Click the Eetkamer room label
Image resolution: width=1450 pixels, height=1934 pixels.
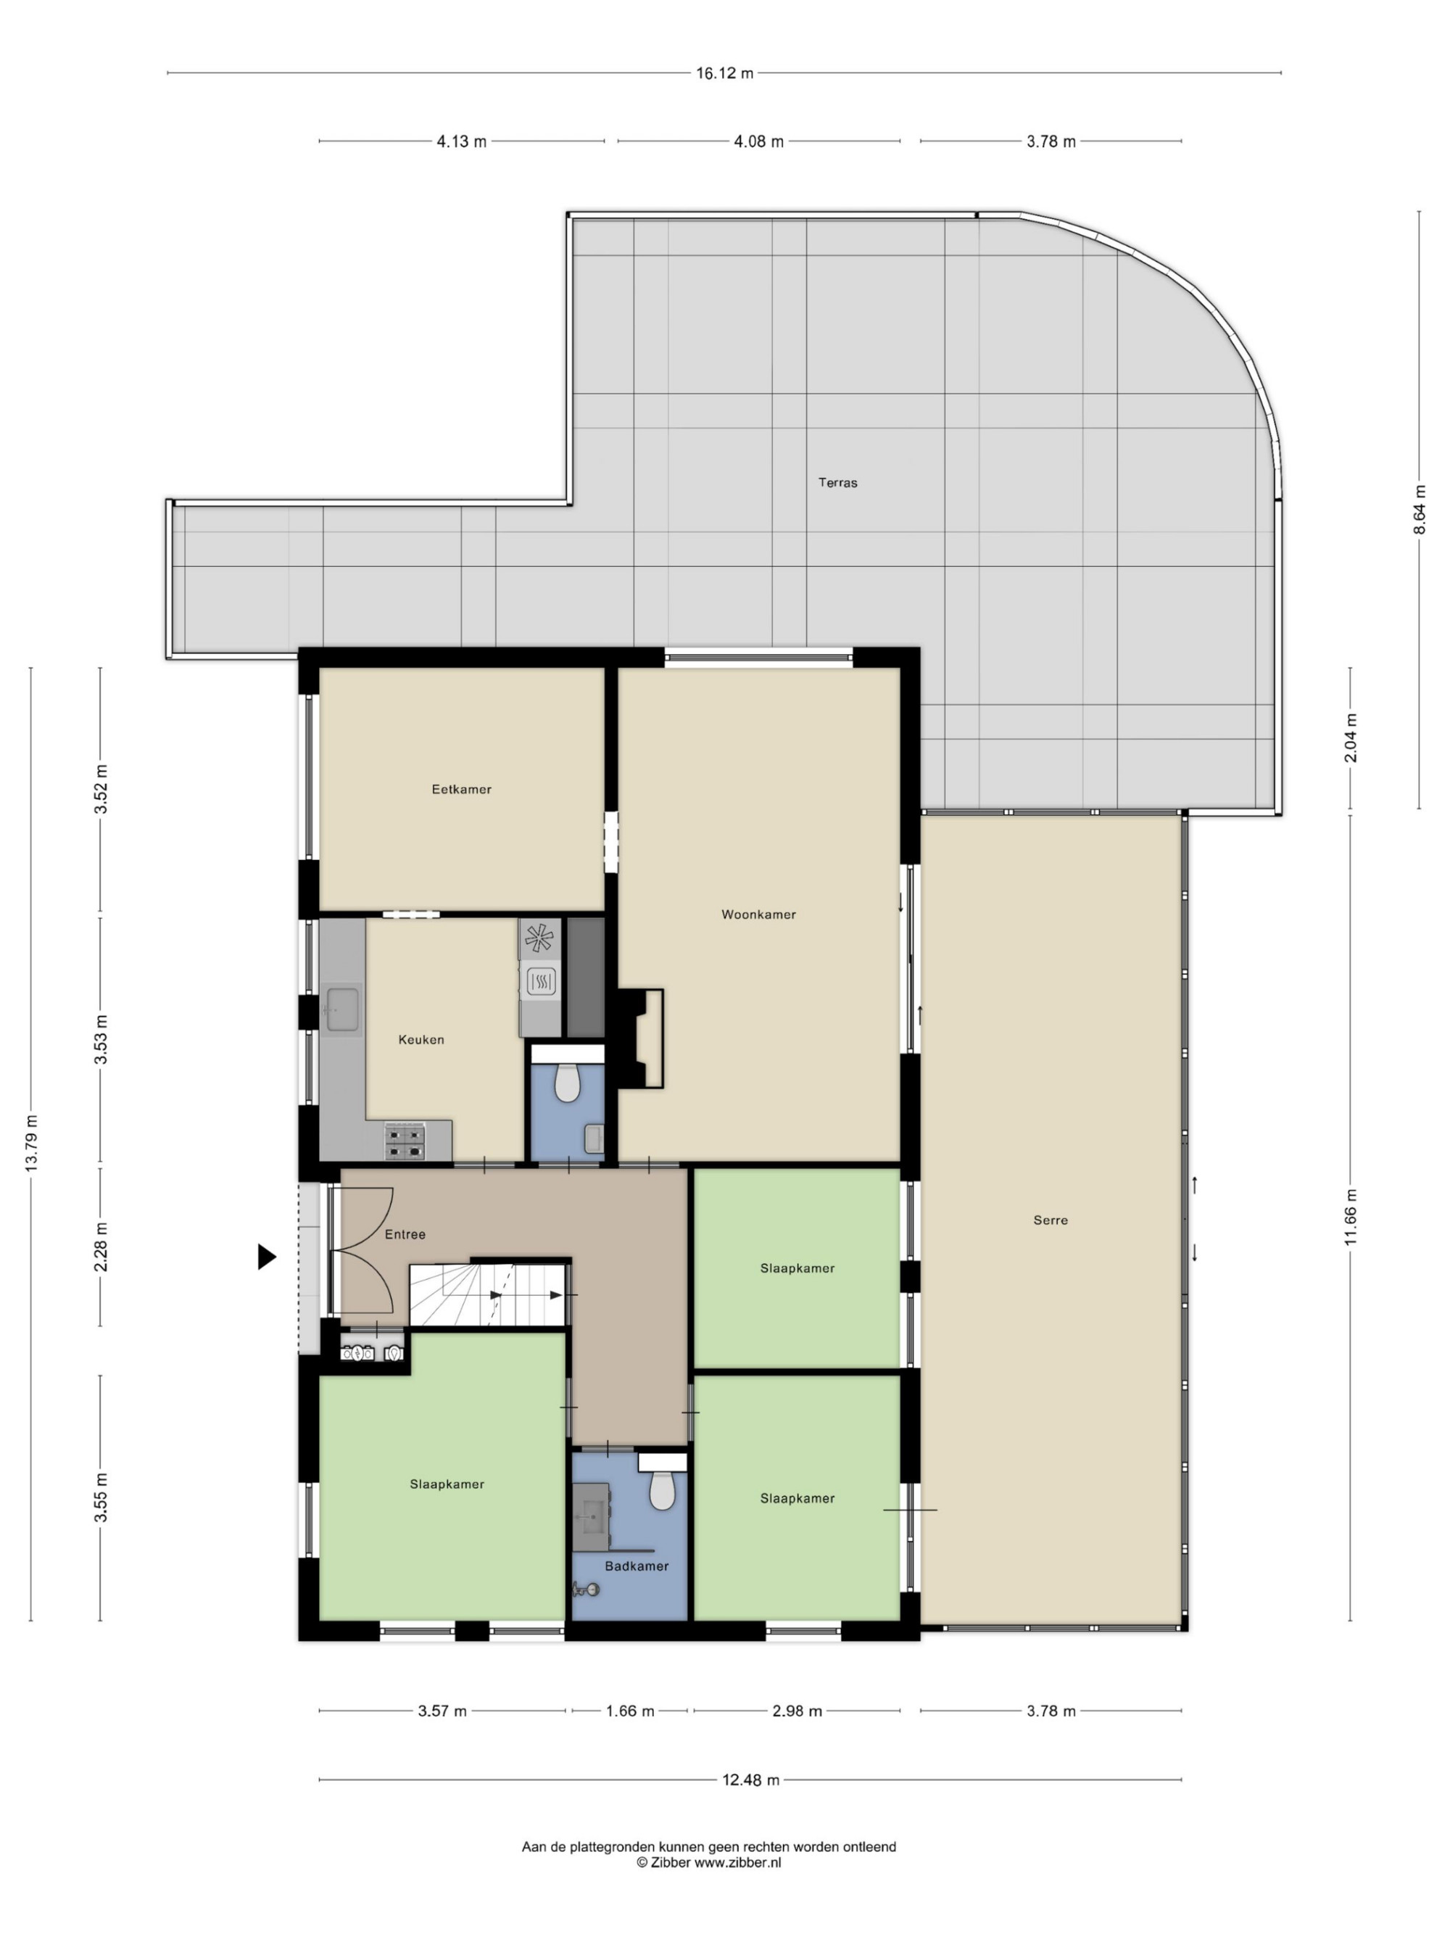(462, 789)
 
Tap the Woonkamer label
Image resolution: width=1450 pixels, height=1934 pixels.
(758, 914)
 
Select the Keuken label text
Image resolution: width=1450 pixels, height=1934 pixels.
(421, 1040)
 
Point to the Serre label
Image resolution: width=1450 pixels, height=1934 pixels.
(1051, 1220)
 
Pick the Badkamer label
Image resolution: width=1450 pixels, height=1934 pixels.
(637, 1566)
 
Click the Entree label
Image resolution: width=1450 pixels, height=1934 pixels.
(405, 1233)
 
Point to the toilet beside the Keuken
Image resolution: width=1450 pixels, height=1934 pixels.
(567, 1083)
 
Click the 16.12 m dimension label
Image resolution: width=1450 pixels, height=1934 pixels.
(724, 73)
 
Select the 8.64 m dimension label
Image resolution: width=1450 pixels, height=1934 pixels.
(1420, 510)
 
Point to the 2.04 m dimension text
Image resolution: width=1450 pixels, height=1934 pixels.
(1351, 738)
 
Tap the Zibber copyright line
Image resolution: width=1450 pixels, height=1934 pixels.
(709, 1862)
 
